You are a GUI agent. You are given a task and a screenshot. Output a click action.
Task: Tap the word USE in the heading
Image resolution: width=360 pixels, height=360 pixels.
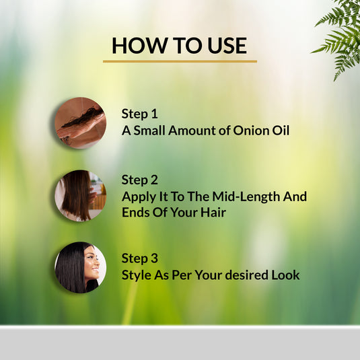tap(223, 45)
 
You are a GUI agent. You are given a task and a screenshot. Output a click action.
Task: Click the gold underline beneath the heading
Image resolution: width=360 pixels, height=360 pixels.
tap(180, 61)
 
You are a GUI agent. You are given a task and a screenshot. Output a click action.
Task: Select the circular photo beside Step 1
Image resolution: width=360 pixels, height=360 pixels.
tap(80, 123)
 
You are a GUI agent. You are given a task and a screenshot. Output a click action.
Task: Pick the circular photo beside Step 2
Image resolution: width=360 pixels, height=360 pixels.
tap(80, 195)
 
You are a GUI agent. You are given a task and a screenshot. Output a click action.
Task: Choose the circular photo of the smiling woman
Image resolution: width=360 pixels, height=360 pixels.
tap(80, 267)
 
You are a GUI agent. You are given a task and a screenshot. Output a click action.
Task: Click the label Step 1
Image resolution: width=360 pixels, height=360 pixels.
tap(139, 114)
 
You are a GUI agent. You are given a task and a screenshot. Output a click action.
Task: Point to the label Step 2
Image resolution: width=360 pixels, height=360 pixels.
tap(139, 180)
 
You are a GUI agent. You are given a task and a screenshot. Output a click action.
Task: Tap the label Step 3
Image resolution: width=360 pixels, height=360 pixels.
tap(139, 258)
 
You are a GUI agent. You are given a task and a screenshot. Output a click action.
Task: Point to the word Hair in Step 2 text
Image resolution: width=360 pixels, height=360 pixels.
tap(211, 212)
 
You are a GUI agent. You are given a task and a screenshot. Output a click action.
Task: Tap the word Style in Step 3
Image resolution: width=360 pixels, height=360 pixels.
tap(137, 275)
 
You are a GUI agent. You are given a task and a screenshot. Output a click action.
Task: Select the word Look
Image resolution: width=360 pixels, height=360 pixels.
tap(285, 275)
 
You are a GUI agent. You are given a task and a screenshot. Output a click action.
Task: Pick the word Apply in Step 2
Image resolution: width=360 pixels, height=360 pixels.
tap(139, 197)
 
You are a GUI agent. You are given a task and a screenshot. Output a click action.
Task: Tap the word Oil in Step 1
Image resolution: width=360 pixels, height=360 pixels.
tap(280, 130)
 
